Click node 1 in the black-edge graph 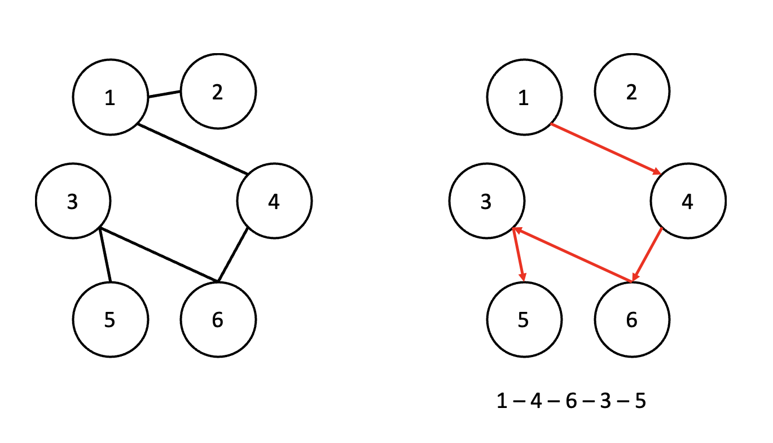[110, 98]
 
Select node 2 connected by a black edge [218, 91]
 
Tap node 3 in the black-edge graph [73, 201]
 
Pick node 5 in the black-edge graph [110, 319]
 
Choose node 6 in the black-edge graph [218, 319]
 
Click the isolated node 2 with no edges [632, 91]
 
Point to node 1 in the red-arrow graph [524, 98]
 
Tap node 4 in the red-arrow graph [688, 201]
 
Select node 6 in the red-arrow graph [632, 319]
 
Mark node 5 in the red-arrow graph [524, 319]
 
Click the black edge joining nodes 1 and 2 [164, 94]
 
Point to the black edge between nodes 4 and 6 [233, 255]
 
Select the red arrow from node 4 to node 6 [647, 254]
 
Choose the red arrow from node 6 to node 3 [572, 255]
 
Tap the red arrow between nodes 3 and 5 [519, 255]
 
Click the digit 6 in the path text [571, 402]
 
